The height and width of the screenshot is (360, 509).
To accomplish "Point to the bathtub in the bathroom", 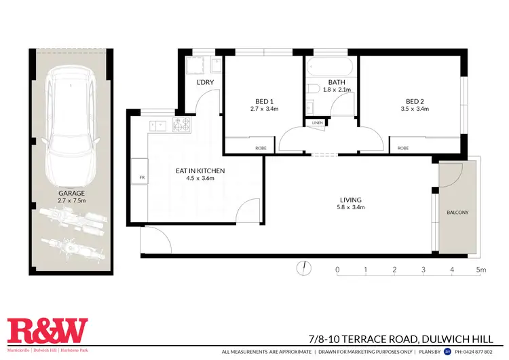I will click(329, 69).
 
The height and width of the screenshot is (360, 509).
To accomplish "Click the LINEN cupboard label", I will click(318, 122).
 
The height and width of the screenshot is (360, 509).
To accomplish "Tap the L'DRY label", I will click(205, 83).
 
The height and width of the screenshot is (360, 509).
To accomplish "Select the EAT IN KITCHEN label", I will click(200, 170).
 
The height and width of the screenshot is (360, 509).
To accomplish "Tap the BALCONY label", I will click(457, 213).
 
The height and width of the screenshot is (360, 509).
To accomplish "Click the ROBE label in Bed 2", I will click(403, 147).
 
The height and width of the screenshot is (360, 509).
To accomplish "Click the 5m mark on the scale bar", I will click(481, 270).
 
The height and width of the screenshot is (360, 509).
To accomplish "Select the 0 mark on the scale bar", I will click(337, 270).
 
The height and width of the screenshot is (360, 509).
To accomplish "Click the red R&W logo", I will click(48, 331).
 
